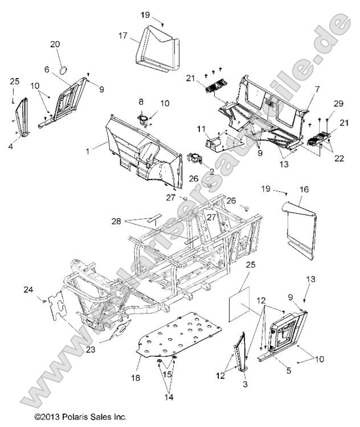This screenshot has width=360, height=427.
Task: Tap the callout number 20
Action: [x=71, y=44]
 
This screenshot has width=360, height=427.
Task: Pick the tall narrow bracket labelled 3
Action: [x=243, y=353]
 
